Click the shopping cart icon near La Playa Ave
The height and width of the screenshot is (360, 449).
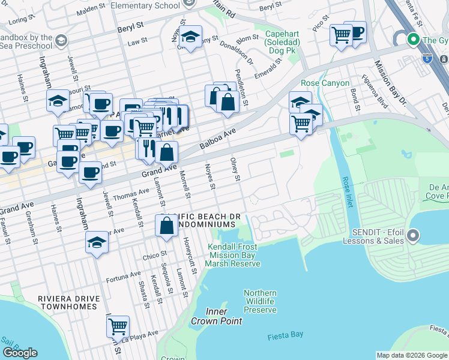click(x=118, y=326)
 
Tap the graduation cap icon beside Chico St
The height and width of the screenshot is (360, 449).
click(x=97, y=243)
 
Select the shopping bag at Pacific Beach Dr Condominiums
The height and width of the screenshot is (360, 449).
click(x=167, y=226)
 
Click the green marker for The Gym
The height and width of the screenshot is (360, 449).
click(x=413, y=40)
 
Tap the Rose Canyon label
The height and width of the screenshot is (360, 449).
click(x=325, y=83)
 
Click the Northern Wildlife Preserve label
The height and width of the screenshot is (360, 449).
click(x=260, y=301)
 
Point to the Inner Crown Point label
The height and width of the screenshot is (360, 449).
click(x=216, y=316)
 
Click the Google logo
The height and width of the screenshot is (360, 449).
click(x=20, y=353)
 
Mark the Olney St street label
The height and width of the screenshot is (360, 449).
click(x=236, y=169)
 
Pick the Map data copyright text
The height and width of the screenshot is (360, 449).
click(x=412, y=355)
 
